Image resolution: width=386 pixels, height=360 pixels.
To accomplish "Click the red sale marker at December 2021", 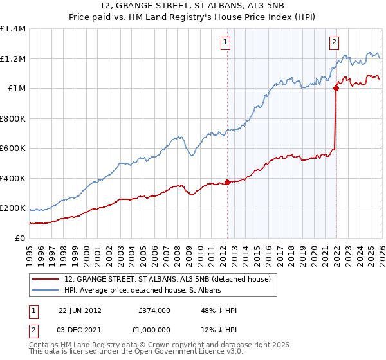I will [x=336, y=89].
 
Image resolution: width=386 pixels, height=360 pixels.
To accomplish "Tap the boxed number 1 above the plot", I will [x=226, y=43].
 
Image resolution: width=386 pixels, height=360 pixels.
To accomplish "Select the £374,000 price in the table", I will [x=154, y=310].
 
